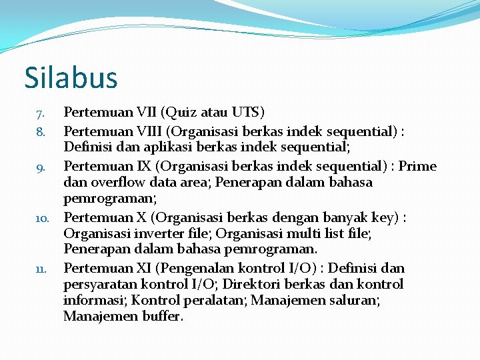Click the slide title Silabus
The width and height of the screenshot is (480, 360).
(71, 77)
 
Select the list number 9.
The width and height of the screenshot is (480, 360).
(41, 167)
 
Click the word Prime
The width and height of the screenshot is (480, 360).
(417, 165)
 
